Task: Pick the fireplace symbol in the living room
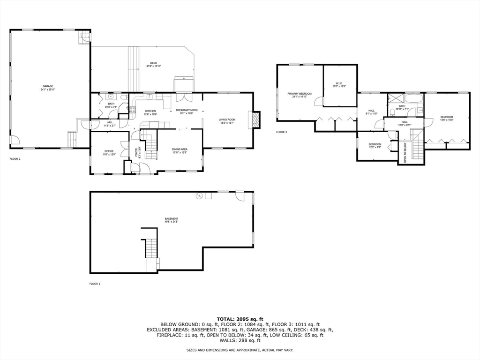click(x=255, y=119)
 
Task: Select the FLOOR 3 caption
click(x=281, y=133)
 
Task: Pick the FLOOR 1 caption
click(x=95, y=284)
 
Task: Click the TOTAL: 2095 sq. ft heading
click(x=240, y=319)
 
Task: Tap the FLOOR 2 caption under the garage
click(x=15, y=159)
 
